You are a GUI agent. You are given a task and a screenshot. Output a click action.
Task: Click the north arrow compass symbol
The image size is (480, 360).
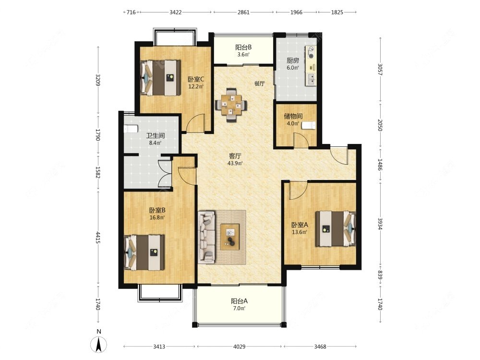[98, 344]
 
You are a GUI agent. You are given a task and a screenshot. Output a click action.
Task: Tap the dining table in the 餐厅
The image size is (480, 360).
[231, 105]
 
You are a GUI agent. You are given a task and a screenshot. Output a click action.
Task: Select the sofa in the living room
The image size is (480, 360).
[206, 237]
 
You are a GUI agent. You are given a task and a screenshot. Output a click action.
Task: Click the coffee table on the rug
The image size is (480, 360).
[230, 237]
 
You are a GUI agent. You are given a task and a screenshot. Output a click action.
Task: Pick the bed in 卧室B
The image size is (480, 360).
[144, 252]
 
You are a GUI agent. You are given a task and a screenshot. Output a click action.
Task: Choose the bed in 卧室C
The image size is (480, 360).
[160, 78]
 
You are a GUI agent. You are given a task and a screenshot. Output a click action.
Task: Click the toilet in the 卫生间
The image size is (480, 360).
[131, 129]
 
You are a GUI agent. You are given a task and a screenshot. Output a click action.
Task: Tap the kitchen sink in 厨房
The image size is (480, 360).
[312, 79]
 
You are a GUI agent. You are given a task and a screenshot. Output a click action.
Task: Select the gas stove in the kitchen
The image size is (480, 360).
[312, 52]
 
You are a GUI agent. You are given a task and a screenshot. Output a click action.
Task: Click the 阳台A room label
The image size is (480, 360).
[240, 301]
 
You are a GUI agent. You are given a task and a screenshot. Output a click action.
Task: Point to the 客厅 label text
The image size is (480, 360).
[235, 156]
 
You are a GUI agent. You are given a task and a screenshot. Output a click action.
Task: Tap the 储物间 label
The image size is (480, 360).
[293, 116]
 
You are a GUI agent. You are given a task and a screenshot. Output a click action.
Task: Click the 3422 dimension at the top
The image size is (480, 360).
[176, 12]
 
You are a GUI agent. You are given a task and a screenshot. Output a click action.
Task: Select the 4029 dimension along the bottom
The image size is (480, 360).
[240, 347]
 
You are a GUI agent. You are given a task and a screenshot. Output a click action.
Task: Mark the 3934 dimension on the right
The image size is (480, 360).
[380, 224]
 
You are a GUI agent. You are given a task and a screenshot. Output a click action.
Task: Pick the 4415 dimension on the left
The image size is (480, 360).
[98, 238]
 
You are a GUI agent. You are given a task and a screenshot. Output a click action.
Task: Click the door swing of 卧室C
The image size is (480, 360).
[196, 123]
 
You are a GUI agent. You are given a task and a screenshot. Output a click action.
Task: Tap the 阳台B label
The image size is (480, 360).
[243, 48]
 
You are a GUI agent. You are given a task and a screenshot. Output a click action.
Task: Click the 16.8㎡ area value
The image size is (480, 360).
[157, 217]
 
